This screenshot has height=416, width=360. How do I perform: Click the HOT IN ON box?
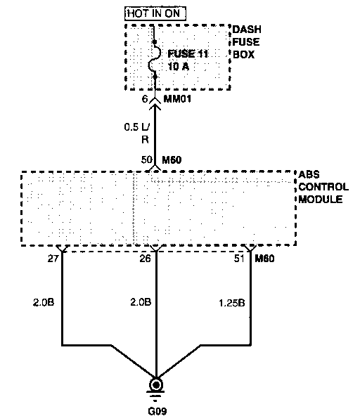pos(155,13)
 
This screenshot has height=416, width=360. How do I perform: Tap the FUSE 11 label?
pos(188,54)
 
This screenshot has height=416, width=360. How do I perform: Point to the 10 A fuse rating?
pos(179,66)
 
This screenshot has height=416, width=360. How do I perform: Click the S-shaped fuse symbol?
pos(155,60)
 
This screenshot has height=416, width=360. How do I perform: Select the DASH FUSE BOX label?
pos(247,42)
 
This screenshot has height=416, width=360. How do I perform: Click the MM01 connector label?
pos(177,99)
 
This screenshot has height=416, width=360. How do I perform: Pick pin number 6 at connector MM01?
pos(145,99)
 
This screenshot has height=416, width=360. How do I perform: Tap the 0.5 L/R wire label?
pos(137,134)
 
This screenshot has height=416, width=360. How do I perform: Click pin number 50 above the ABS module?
pos(147,160)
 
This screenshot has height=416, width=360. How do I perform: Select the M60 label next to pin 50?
pos(172,160)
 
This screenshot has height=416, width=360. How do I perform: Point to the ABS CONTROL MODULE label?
pos(323,187)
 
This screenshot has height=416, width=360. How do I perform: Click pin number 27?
pos(53,259)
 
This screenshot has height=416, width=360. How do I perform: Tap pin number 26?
pos(145,259)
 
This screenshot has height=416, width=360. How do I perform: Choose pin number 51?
pos(239,259)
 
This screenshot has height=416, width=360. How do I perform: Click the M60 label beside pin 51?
pos(264,259)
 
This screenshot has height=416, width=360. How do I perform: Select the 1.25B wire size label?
pos(232,303)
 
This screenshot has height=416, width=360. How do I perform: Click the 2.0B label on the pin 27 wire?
pos(44,302)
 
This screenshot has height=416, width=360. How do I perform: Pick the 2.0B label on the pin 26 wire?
pos(141,302)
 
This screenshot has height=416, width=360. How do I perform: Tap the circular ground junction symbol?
pos(156,384)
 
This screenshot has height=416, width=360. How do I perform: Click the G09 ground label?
pos(157,411)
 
